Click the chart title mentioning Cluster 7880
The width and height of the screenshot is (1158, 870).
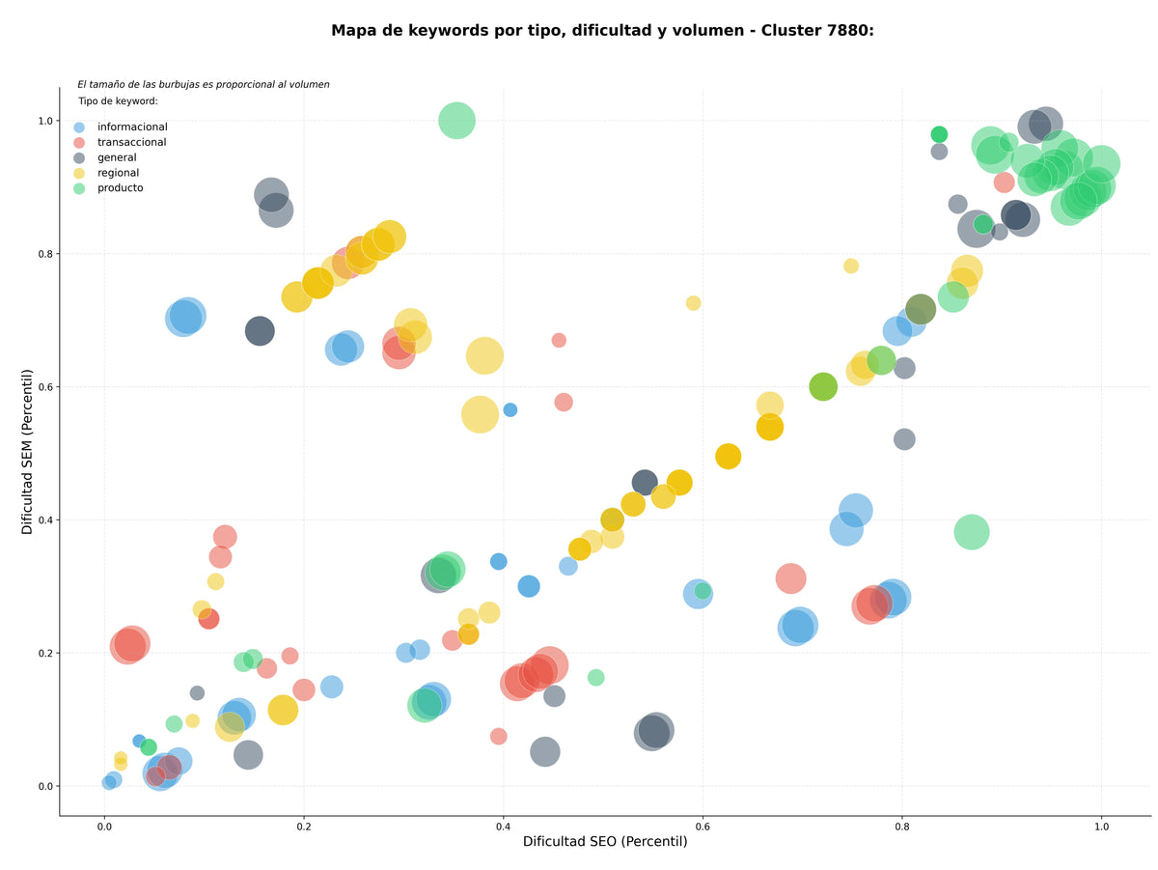click(602, 31)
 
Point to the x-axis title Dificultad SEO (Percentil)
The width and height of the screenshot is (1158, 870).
click(605, 841)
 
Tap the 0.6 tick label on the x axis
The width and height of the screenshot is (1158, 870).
click(703, 827)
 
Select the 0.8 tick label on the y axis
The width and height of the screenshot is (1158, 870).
click(45, 254)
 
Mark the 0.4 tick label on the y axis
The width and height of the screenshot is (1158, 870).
click(45, 520)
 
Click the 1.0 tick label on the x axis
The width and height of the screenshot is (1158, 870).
click(1101, 827)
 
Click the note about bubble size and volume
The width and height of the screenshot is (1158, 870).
click(203, 84)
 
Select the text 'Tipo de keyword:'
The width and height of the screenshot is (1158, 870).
click(118, 100)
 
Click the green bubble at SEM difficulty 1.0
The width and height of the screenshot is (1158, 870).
click(456, 121)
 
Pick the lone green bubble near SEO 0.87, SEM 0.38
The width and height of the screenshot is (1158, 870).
click(971, 532)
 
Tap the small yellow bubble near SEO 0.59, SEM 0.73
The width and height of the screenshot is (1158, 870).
click(693, 303)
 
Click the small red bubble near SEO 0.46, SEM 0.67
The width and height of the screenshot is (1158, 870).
click(558, 340)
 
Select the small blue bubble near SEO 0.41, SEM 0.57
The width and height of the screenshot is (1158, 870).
click(510, 409)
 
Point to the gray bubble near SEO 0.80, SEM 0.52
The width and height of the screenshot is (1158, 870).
click(903, 439)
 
